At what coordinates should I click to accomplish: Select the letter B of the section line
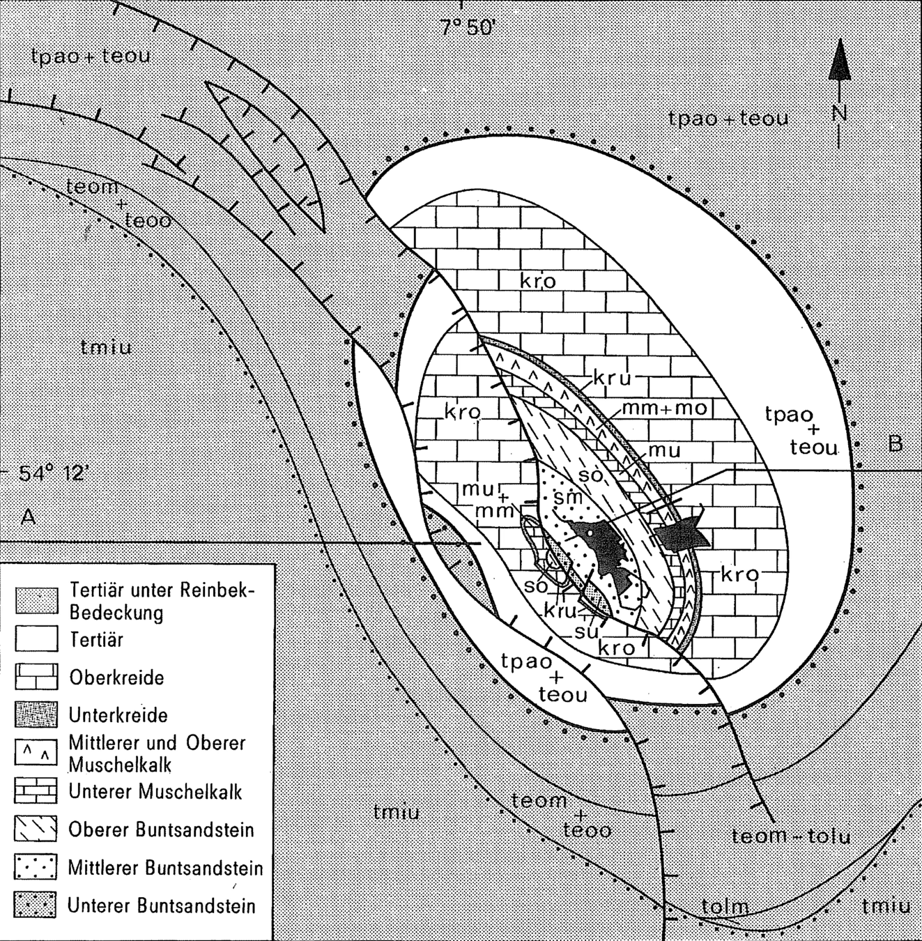click(x=896, y=443)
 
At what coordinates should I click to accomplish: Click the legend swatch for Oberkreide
click(x=36, y=678)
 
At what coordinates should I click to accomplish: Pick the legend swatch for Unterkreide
click(x=36, y=714)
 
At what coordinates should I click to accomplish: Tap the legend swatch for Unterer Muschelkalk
click(x=36, y=792)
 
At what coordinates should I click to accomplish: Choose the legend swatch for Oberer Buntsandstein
click(x=36, y=829)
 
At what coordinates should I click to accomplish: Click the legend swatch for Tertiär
click(x=36, y=639)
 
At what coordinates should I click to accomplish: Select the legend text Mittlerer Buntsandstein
click(x=166, y=868)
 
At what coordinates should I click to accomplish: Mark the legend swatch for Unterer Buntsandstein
click(x=36, y=905)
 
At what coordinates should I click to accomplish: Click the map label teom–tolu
click(x=791, y=835)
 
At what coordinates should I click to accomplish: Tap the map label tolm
click(x=725, y=907)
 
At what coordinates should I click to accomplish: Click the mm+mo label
click(x=663, y=408)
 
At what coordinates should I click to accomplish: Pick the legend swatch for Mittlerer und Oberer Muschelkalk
click(x=36, y=753)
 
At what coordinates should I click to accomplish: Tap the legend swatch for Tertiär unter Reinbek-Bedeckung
click(x=36, y=600)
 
